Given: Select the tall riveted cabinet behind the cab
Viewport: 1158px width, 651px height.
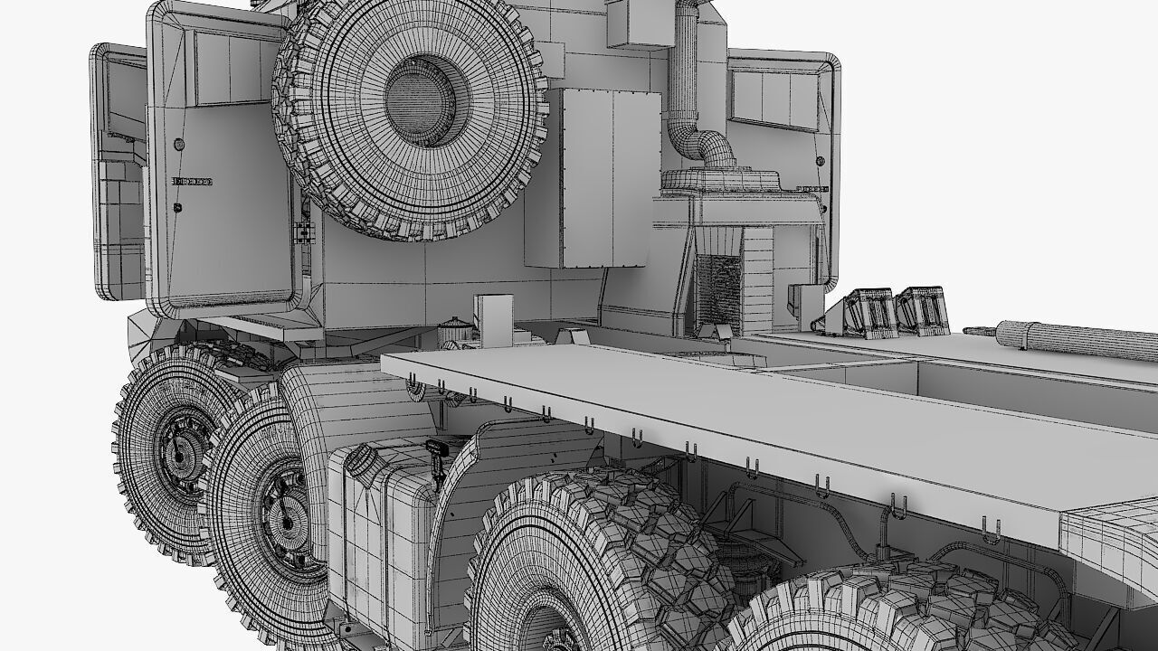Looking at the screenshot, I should tap(588, 178).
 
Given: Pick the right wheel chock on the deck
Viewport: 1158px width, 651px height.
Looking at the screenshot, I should tap(923, 309).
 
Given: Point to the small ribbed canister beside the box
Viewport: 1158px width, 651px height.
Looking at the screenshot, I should tap(454, 330).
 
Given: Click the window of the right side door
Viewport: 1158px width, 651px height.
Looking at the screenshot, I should tap(774, 95).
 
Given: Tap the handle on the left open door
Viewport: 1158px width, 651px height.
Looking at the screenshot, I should tap(193, 182).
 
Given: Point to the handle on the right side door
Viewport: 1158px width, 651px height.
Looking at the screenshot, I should tap(812, 189).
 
